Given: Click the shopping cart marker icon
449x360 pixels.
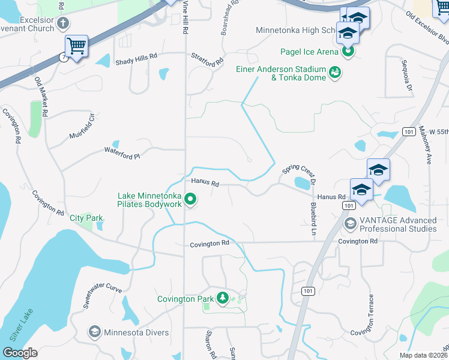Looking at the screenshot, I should pyautogui.click(x=76, y=46).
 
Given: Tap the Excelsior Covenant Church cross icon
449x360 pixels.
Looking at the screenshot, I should pyautogui.click(x=63, y=24).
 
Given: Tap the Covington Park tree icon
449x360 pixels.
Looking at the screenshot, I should pyautogui.click(x=223, y=299).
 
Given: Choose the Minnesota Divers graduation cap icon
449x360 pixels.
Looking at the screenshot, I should pyautogui.click(x=94, y=331).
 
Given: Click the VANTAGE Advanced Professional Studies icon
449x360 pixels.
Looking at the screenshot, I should pyautogui.click(x=350, y=224).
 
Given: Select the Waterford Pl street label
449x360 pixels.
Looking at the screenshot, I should pyautogui.click(x=122, y=153).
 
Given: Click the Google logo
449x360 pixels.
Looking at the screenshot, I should pyautogui.click(x=20, y=352).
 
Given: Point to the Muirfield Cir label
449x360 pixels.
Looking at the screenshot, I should pyautogui.click(x=82, y=125).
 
